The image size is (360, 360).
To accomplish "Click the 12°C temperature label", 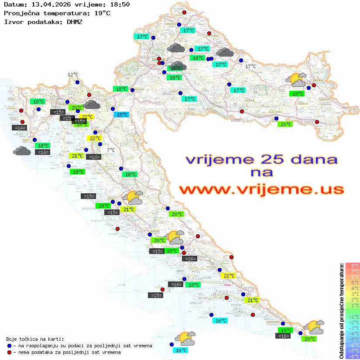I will [x=72, y=75].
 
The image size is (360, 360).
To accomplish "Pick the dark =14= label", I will [x=20, y=128].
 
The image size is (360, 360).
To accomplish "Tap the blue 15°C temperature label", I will [x=122, y=115].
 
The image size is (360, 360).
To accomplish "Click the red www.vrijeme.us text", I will [x=261, y=189].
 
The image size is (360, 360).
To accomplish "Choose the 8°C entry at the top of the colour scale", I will [x=353, y=265].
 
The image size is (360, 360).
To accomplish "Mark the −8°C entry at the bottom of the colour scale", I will [x=353, y=356].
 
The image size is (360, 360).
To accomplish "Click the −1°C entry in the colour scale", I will [x=353, y=316].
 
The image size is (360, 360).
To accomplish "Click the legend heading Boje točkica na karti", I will [x=35, y=339].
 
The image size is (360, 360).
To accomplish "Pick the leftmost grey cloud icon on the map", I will [x=22, y=151].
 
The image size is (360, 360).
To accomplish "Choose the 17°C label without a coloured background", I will [x=250, y=66].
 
